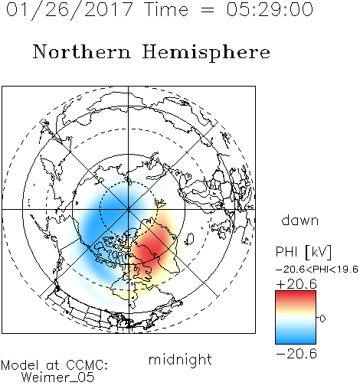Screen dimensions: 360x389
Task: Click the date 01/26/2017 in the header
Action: tap(70, 10)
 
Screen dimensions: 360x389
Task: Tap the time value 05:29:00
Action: tap(270, 10)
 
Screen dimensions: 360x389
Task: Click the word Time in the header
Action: tap(166, 10)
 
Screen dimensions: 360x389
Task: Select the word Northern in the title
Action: tap(82, 51)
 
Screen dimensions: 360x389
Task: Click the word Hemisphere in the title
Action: tap(206, 53)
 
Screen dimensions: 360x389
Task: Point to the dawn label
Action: tap(300, 220)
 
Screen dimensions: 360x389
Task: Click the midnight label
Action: tap(180, 360)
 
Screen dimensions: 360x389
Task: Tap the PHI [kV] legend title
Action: tap(303, 252)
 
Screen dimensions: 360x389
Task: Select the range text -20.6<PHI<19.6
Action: tap(317, 270)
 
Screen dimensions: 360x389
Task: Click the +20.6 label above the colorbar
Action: tap(296, 284)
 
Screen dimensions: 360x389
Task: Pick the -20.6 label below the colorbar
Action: tap(296, 354)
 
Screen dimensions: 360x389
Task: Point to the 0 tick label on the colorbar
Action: tap(322, 319)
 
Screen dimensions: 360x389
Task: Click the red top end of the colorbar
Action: tap(296, 293)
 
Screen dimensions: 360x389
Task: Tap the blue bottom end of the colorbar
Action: tap(296, 342)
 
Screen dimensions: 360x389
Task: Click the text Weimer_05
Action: tap(58, 378)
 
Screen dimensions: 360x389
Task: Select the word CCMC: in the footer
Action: tap(87, 365)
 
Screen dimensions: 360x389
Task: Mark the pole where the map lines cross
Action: tap(129, 209)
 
